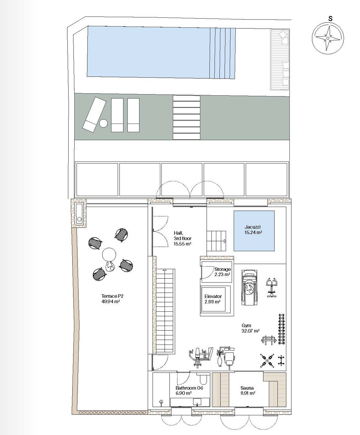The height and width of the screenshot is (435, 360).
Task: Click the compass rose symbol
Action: coord(328,38)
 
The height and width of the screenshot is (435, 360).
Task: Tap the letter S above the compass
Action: coord(330,19)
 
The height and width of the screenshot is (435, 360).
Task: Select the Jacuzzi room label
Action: coord(253,230)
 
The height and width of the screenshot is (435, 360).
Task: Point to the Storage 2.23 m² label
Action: coord(223,272)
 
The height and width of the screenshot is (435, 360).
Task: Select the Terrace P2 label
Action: coord(111,299)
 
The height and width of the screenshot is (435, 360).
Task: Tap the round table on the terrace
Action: coord(109,254)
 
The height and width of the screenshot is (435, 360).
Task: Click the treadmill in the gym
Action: coord(249,287)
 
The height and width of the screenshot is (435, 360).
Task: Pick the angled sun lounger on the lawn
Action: coord(94,115)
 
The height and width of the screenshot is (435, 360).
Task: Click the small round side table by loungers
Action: coord(103,123)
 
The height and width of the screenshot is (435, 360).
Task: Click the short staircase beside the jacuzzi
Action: coord(217,241)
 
